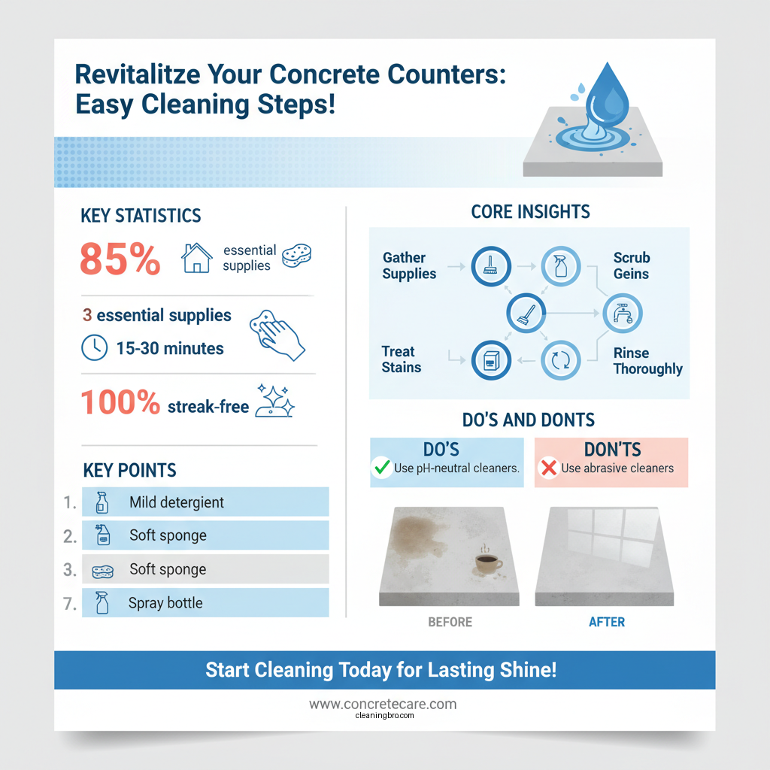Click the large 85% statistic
click(120, 260)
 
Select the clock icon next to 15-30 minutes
click(93, 347)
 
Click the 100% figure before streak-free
click(120, 403)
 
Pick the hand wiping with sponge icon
click(277, 333)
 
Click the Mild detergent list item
click(177, 502)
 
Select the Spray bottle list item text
click(165, 603)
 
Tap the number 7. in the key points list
click(69, 603)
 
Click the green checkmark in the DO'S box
click(382, 468)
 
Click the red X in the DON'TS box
click(548, 468)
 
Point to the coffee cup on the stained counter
click(488, 564)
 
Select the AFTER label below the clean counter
click(607, 623)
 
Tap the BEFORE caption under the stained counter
click(450, 623)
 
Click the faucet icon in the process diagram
click(623, 313)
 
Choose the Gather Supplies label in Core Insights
click(409, 266)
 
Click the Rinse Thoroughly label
click(647, 361)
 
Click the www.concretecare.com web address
click(383, 705)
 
